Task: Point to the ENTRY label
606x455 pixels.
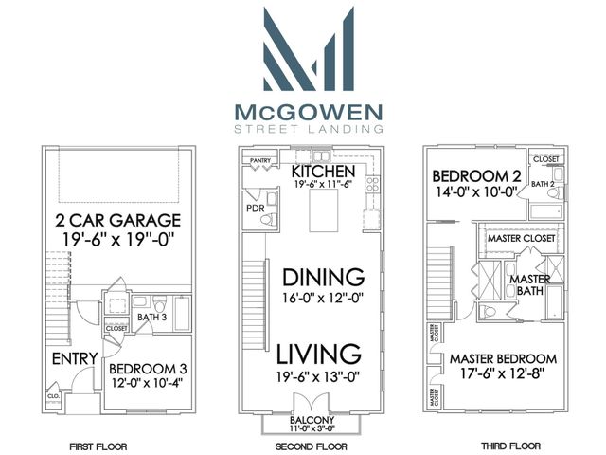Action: click(x=71, y=359)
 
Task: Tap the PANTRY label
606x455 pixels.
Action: click(x=260, y=161)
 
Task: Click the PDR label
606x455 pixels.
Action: click(x=254, y=208)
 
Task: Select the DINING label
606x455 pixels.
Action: click(x=324, y=278)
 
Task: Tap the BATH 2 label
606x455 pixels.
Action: click(x=542, y=183)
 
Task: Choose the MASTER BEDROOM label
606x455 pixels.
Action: click(x=502, y=359)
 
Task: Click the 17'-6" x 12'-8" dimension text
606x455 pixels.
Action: click(x=502, y=375)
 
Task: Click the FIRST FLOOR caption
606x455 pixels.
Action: click(x=99, y=445)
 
